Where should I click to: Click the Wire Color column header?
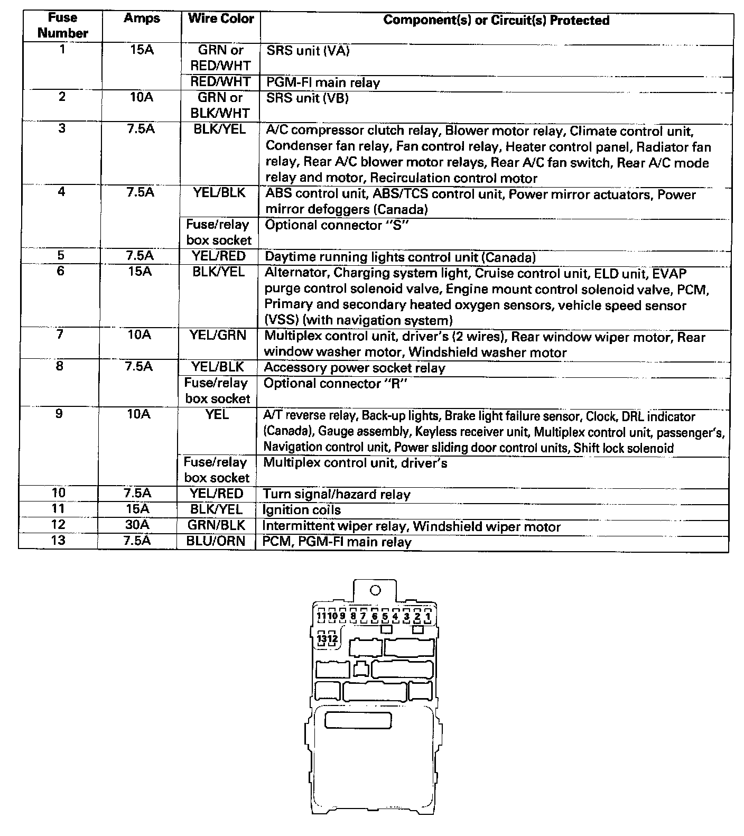pos(221,18)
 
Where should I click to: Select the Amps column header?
pos(142,18)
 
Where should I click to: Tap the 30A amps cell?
pos(138,525)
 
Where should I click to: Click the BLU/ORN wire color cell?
pos(216,541)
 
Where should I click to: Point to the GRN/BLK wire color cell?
pos(216,525)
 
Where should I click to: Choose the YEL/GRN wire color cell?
pos(218,335)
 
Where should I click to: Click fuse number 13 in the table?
pos(58,541)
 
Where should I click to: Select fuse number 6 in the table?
pos(60,271)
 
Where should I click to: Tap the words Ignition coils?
pos(302,510)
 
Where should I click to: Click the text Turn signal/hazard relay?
pos(337,495)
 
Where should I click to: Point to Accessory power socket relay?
pos(355,368)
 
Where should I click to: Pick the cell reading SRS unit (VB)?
pos(307,98)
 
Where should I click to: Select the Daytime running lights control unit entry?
pos(400,257)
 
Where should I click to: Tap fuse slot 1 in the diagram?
pos(428,616)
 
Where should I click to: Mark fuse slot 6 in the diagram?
pos(374,616)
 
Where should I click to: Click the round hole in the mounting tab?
pos(376,590)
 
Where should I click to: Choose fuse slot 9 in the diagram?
pos(342,616)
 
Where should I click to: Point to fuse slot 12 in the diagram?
pos(332,639)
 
